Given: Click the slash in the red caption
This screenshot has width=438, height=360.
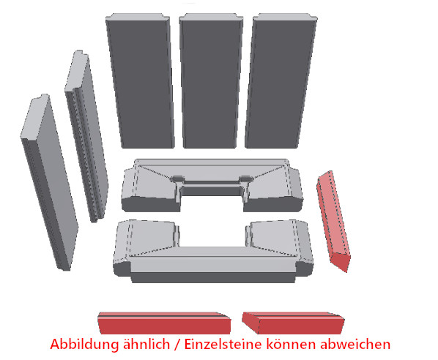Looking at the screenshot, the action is click(177, 344).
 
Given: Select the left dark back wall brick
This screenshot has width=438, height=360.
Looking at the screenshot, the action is click(140, 80).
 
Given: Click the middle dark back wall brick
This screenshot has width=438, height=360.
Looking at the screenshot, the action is click(211, 80).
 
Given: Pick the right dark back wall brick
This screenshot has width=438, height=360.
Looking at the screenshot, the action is click(281, 80).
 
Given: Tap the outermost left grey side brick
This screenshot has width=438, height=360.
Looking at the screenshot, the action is click(50, 183).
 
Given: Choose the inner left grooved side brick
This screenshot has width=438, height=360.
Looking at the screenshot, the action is click(86, 136).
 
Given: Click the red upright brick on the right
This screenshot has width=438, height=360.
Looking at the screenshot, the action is click(334, 221).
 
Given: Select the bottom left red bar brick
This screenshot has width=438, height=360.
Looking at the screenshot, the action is click(164, 323).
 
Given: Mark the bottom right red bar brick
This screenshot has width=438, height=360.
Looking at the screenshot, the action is click(293, 323).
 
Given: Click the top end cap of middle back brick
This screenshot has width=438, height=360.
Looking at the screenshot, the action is click(211, 17).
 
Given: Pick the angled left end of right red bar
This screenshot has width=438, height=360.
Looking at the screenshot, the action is click(250, 323).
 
